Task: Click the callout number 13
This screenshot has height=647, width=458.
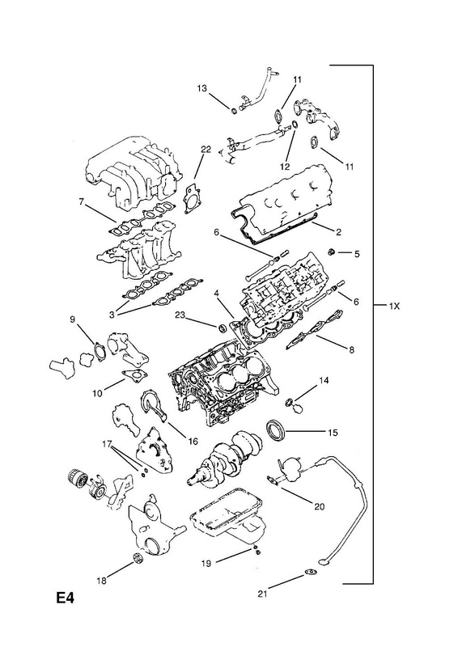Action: click(x=201, y=88)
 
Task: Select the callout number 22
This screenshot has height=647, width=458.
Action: click(x=206, y=150)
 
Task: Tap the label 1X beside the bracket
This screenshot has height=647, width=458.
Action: click(x=394, y=306)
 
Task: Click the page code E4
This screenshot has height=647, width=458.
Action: click(x=66, y=597)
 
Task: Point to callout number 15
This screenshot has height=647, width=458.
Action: click(x=333, y=433)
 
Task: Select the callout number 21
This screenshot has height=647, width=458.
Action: click(x=263, y=594)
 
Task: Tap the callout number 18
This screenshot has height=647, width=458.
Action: click(x=102, y=581)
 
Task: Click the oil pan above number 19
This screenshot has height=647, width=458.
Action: click(x=227, y=515)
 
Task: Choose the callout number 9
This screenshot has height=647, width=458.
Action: click(x=72, y=319)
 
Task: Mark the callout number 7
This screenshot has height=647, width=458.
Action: click(x=82, y=201)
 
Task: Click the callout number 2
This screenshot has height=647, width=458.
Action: click(x=339, y=232)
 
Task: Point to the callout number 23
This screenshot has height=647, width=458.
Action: click(x=180, y=316)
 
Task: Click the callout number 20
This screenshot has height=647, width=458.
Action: click(x=320, y=506)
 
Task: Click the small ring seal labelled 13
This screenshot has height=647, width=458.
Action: click(x=233, y=110)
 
